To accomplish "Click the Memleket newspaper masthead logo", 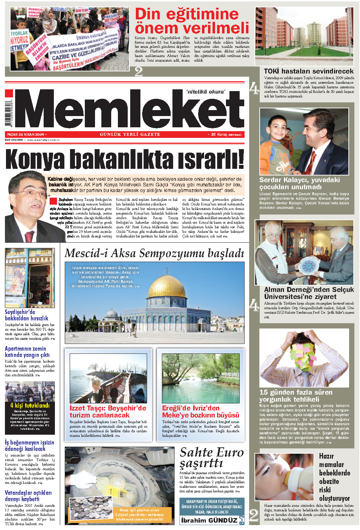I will coord(130,109).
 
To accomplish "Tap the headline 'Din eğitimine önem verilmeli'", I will coord(192,21).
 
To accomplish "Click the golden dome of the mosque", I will coord(166,287).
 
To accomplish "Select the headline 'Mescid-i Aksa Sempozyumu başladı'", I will coord(154,253).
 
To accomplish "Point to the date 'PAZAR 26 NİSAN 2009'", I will coord(26,134).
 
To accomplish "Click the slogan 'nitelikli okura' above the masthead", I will coord(205,92).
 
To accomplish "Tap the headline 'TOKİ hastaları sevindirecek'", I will coord(309,71).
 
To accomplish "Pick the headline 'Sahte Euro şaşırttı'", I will coord(211,458).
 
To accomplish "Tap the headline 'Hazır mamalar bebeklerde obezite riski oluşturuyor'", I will coord(334,477).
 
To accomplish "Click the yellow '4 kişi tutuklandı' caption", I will coord(30,406).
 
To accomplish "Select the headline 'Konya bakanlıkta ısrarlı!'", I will coord(125,159).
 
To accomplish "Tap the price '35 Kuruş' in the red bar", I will coord(219,134).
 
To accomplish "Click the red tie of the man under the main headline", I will coord(29,236).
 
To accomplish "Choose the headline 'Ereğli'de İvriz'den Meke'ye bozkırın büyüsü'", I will coord(200,411).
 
